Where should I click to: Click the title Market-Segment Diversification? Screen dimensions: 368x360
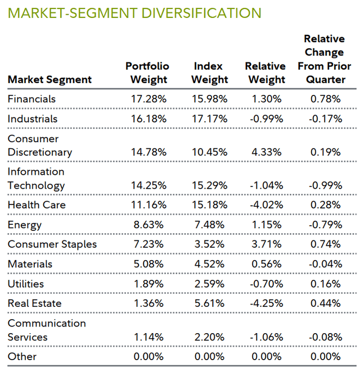pos(134,13)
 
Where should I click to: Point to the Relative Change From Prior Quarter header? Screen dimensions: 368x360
pos(324,60)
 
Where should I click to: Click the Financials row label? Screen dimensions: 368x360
pos(31,99)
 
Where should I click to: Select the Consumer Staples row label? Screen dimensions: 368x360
pos(52,244)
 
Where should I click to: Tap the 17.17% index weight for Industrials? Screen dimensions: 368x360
pos(209,119)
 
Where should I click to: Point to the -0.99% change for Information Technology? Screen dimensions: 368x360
pos(326,185)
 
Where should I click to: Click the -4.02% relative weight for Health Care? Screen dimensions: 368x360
pos(265,205)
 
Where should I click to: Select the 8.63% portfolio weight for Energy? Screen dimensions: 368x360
pos(148,225)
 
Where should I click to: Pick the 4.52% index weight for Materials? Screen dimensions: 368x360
pos(209,264)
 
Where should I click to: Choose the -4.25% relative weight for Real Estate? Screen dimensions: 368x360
pos(265,303)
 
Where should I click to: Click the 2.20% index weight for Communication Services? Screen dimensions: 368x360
pos(209,337)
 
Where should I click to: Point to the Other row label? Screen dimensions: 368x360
pos(22,357)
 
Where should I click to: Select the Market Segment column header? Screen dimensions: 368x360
pos(49,80)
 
